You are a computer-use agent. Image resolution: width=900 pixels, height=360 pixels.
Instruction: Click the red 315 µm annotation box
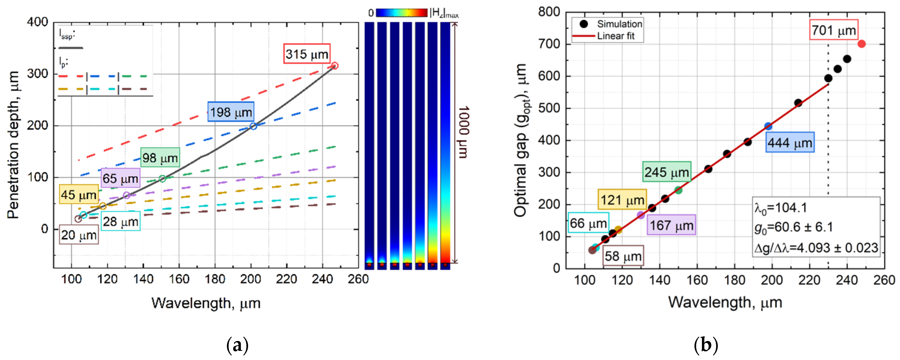pos(306,54)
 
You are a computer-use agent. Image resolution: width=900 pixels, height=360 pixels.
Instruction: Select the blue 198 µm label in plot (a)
pos(231,112)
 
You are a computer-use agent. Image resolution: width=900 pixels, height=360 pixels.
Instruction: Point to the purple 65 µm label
pos(120,178)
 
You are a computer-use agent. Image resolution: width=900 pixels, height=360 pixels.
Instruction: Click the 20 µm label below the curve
pos(79,235)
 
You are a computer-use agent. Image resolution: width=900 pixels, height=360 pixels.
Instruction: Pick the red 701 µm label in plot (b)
pos(833,30)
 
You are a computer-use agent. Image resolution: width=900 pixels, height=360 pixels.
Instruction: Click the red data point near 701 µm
pos(861,44)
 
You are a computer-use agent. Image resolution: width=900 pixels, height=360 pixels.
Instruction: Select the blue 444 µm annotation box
pos(790,142)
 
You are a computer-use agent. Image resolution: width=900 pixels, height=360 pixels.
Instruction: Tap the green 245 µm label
pos(666,172)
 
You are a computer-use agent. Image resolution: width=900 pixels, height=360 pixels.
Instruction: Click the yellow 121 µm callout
pos(622,200)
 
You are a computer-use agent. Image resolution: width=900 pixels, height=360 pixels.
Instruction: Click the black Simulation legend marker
pos(583,24)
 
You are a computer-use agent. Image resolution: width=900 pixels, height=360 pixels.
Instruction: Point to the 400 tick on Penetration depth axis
pos(37,22)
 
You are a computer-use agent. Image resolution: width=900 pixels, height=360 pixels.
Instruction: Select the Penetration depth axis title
pos(13,145)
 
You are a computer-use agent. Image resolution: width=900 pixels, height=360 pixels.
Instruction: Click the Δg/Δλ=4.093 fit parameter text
pos(816,247)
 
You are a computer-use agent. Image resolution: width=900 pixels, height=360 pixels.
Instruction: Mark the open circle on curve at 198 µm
pos(253,126)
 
